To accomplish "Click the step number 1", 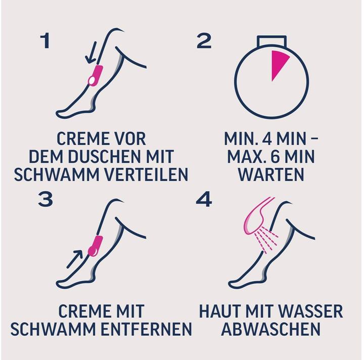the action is [45, 41].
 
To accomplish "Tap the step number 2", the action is [204, 41].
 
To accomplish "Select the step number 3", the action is [45, 199].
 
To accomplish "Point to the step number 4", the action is [204, 199].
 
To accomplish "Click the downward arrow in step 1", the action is [90, 53].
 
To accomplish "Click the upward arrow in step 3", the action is [74, 259].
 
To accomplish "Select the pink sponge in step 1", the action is [95, 76].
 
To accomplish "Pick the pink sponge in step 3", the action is [95, 246].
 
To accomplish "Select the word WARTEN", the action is [271, 174].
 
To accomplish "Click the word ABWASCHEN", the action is [271, 329].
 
